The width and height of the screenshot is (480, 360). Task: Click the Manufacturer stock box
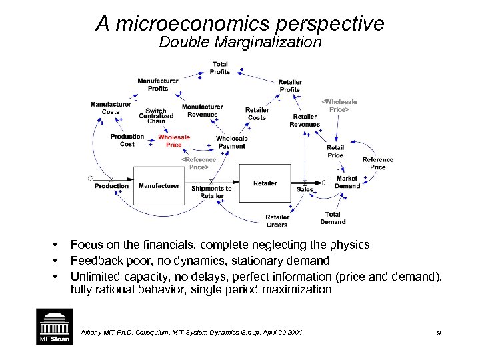[159, 185]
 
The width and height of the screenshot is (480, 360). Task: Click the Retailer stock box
[265, 183]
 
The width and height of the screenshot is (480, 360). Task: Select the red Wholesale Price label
[173, 141]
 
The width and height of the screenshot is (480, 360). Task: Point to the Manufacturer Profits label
[157, 85]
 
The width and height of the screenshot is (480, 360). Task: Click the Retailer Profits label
[289, 85]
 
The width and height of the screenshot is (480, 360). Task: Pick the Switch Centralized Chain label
[156, 116]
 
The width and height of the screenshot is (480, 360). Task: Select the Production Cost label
[127, 140]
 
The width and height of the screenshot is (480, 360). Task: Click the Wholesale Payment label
[231, 142]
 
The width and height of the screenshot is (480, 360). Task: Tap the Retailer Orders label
[277, 221]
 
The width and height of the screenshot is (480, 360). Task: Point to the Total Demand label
[333, 218]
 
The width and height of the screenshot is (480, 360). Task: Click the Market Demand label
[347, 182]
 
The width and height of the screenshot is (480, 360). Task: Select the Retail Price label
[335, 151]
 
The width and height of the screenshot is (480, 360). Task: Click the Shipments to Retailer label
[211, 192]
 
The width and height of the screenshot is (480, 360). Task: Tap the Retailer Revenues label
[305, 120]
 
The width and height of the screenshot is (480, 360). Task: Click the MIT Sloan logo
[53, 327]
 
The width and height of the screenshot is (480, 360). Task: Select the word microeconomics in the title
[185, 24]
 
